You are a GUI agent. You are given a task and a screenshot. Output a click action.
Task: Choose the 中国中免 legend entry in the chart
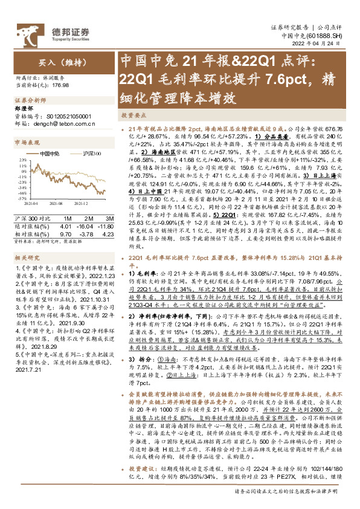(x=48, y=154)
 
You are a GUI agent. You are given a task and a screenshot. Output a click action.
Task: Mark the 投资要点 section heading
(x=132, y=115)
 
